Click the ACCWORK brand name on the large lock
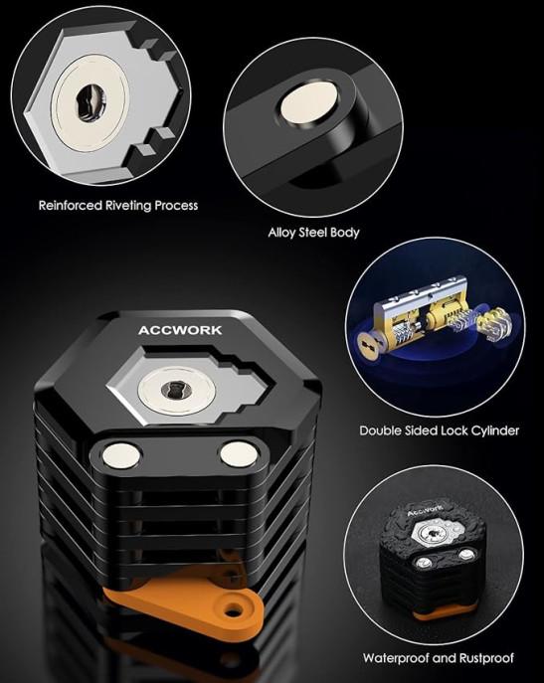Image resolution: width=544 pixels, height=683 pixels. (180, 330)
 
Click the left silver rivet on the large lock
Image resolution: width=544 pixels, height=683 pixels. (121, 456)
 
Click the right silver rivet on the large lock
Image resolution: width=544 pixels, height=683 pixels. (238, 454)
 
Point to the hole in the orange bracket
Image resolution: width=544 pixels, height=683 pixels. (234, 609)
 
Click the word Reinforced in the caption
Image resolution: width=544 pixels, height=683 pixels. (71, 205)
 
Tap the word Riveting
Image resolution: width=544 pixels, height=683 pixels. (128, 206)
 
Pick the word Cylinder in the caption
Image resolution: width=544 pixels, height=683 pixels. (492, 430)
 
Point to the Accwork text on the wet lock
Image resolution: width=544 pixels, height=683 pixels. (425, 510)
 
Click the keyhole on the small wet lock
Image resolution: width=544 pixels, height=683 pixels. (433, 533)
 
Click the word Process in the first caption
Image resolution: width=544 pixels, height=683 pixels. (176, 205)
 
